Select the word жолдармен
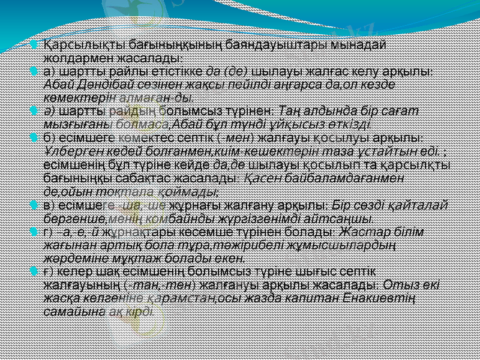[x=71, y=58]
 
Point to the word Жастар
[x=364, y=232]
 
